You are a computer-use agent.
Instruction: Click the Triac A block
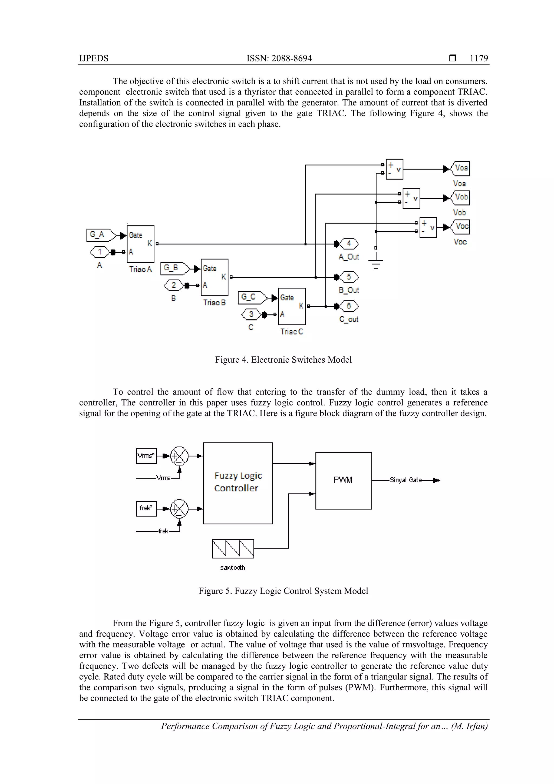pos(140,244)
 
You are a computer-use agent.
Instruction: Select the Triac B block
pos(214,277)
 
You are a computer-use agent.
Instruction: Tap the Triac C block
pos(292,306)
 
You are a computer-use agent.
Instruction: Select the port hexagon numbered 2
pos(174,285)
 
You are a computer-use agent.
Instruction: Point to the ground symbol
pos(376,263)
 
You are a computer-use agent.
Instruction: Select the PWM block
pos(343,480)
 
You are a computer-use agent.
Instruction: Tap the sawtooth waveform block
pos(233,548)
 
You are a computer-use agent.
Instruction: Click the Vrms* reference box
pos(146,456)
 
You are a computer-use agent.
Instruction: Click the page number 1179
pos(479,58)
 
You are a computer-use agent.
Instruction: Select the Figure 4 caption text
pos(283,360)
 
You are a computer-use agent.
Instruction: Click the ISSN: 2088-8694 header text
pos(279,58)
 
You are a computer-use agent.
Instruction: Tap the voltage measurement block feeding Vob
pos(411,198)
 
